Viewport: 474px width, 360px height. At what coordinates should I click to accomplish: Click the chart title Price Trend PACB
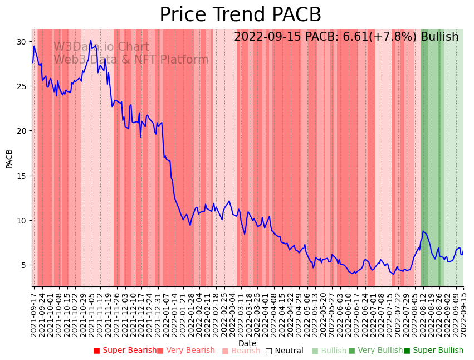tap(240, 15)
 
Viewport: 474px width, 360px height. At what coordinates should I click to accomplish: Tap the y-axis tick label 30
tap(21, 42)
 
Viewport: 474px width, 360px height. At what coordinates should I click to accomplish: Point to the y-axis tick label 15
tap(21, 176)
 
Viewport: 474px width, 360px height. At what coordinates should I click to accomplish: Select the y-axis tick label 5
tap(23, 265)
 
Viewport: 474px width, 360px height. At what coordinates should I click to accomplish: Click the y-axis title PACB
tap(9, 158)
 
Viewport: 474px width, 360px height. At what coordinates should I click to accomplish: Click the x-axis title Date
tap(247, 344)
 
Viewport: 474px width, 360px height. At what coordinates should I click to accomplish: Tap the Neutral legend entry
tap(284, 351)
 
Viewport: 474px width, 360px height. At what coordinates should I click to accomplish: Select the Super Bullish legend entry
tap(433, 351)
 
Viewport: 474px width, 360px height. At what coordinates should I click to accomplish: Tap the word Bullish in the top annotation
tap(439, 37)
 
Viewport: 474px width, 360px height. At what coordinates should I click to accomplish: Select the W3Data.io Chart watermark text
tap(101, 47)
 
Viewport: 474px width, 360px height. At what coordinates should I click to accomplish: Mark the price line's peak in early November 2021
tap(91, 41)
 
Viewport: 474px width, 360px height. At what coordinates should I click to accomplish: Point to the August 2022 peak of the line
tap(423, 231)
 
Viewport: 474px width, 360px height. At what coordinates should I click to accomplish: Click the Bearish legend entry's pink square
tap(225, 351)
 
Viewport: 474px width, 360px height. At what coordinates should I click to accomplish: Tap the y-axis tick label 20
tap(21, 131)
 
